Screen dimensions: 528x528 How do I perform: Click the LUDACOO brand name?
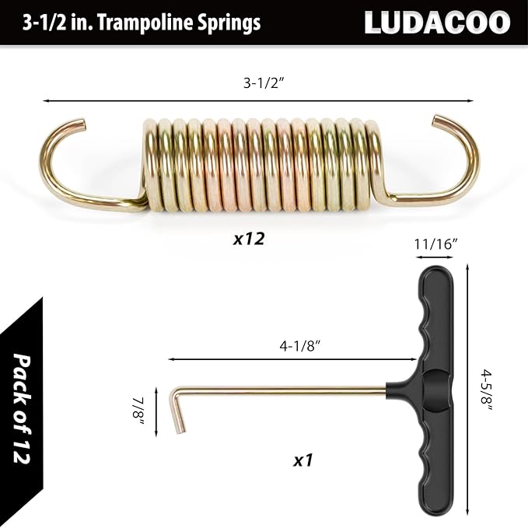tap(437, 22)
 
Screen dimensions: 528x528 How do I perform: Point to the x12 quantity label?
tap(249, 239)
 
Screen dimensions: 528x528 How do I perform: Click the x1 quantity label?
tap(302, 460)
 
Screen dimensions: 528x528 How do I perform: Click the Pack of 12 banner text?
tap(28, 407)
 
